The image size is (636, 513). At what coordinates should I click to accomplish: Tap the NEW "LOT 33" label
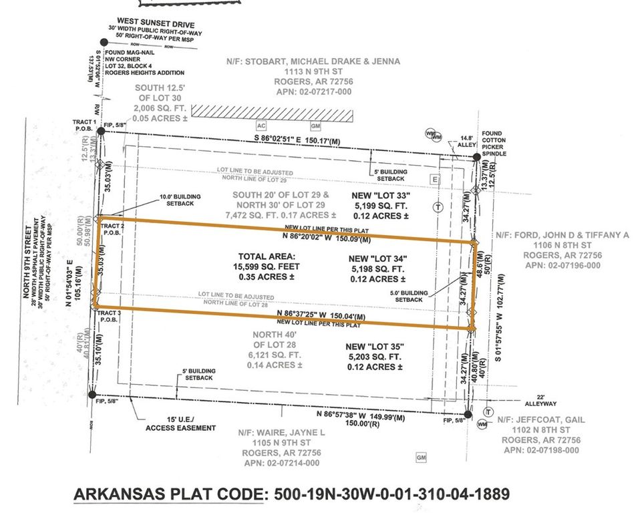379,194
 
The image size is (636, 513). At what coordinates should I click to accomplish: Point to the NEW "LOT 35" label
375,347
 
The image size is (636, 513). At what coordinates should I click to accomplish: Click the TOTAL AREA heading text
266,256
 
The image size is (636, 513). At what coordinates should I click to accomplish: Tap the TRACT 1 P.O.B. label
86,126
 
